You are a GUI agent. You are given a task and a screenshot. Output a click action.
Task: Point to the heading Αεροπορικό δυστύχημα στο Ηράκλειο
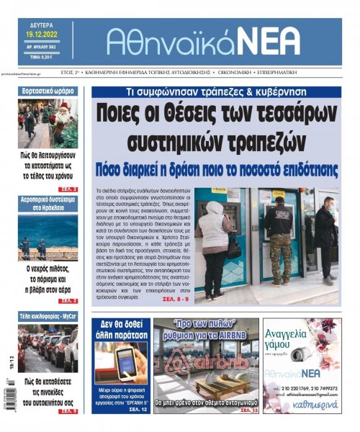[x=48, y=203]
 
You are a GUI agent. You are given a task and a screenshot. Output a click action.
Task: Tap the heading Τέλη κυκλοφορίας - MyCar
[x=48, y=316]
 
